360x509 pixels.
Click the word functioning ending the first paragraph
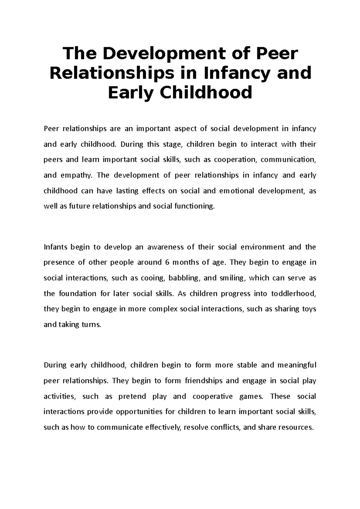point(195,206)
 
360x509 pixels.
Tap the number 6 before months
point(167,263)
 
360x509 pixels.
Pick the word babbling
point(184,278)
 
